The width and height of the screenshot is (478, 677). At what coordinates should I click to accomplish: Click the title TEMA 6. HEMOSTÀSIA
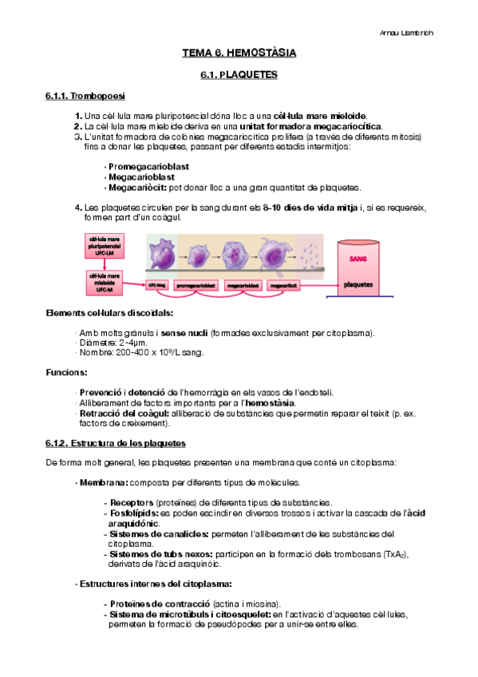[x=239, y=53]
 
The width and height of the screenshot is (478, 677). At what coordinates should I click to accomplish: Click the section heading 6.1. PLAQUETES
[x=239, y=75]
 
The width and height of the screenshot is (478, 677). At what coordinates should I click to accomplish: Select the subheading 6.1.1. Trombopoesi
[x=81, y=97]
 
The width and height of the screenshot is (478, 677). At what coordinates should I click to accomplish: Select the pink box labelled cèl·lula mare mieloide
[x=105, y=281]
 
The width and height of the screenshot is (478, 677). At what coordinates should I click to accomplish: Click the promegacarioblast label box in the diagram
[x=196, y=284]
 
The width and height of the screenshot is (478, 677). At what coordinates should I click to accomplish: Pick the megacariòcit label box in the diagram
[x=286, y=284]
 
